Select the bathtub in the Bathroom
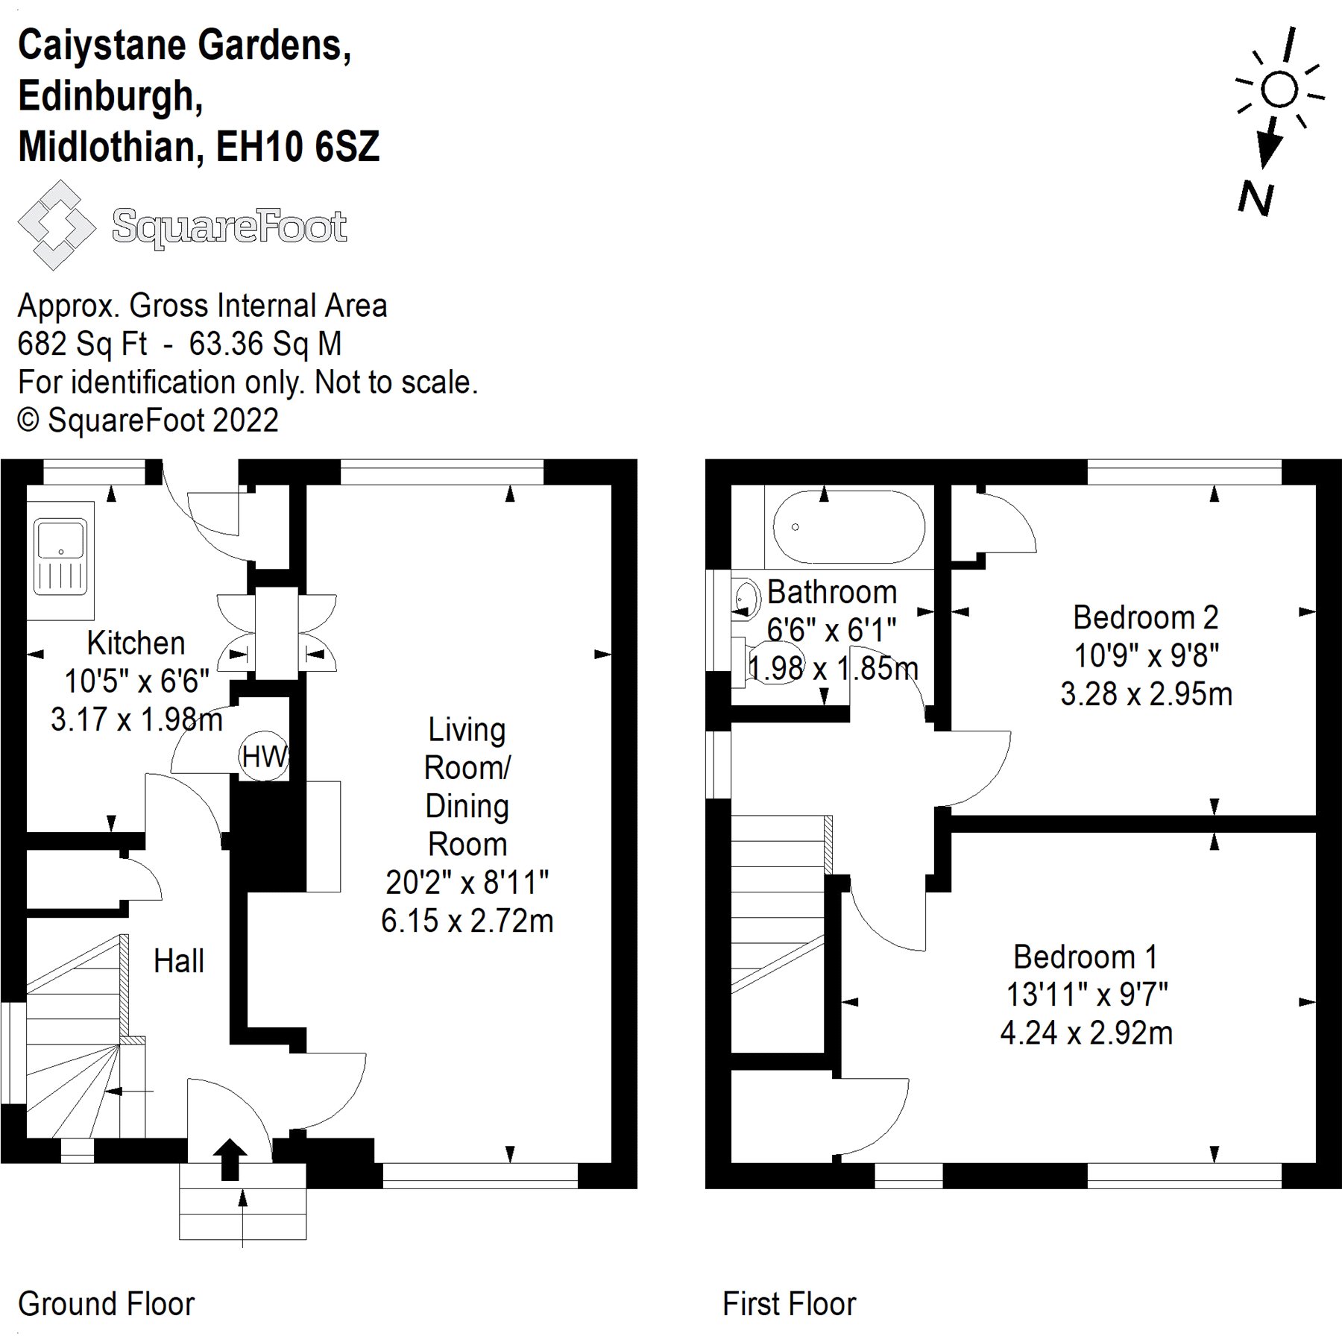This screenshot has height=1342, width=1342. [x=848, y=527]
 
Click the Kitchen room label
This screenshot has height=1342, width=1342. [x=136, y=643]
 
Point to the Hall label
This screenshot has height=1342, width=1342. [x=178, y=961]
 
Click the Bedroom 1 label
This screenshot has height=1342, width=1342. [x=1085, y=957]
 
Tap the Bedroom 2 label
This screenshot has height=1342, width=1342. [x=1145, y=617]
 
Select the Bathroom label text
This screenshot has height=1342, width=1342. [x=832, y=592]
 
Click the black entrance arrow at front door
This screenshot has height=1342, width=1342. [x=230, y=1159]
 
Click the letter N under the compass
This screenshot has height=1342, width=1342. [x=1256, y=200]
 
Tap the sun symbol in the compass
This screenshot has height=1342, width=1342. [x=1279, y=90]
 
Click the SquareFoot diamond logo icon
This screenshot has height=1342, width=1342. [x=57, y=225]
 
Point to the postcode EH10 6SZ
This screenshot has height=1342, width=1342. [x=297, y=146]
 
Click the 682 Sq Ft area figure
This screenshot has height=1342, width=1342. [x=82, y=344]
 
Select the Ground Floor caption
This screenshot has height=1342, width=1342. [x=106, y=1304]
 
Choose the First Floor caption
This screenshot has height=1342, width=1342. [x=789, y=1304]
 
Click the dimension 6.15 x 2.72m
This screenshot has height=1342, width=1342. [x=467, y=921]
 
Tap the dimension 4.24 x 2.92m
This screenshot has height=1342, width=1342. [x=1086, y=1033]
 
